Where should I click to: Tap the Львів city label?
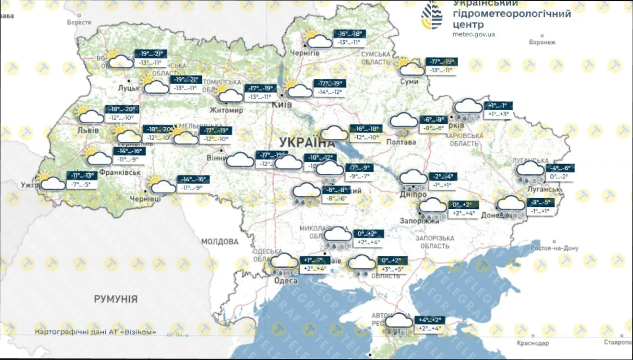(88, 131)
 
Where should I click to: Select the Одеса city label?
(286, 281)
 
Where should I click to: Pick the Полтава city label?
(401, 142)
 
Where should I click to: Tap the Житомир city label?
(226, 110)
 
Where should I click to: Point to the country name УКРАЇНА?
(307, 143)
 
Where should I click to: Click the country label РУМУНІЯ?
(116, 299)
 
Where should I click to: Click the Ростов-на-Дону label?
(555, 248)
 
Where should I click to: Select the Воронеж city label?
(542, 42)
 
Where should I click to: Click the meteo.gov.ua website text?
(473, 34)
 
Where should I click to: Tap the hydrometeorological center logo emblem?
(433, 16)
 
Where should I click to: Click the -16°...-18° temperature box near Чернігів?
(350, 34)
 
